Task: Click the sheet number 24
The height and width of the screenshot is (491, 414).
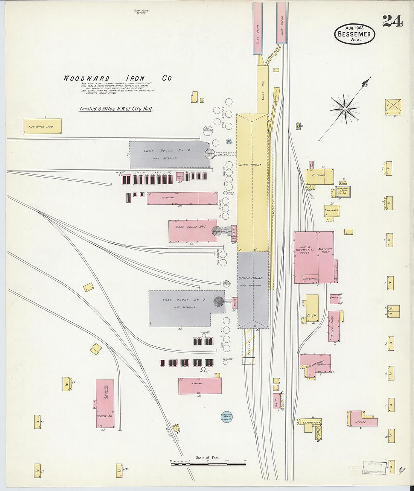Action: point(392,21)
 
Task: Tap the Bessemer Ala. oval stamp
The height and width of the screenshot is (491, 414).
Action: point(355,34)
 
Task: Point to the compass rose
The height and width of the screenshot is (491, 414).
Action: point(344,109)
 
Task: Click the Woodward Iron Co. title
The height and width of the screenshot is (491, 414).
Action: point(119,78)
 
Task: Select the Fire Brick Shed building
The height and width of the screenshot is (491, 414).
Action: point(42,126)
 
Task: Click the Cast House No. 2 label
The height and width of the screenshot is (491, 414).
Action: point(167,150)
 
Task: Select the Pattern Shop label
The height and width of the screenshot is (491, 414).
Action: point(342,191)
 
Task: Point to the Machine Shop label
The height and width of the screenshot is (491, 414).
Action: point(326,251)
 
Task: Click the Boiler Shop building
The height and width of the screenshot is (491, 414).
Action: point(333,326)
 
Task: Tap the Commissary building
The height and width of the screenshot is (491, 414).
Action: point(315,363)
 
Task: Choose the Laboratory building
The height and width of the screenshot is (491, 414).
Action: point(310,422)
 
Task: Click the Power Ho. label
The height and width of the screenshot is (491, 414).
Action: point(102,416)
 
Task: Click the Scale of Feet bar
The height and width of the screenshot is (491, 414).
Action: point(208,464)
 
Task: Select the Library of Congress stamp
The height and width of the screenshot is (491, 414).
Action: point(374,471)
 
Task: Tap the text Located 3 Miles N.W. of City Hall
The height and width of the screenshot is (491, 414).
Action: point(116,109)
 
